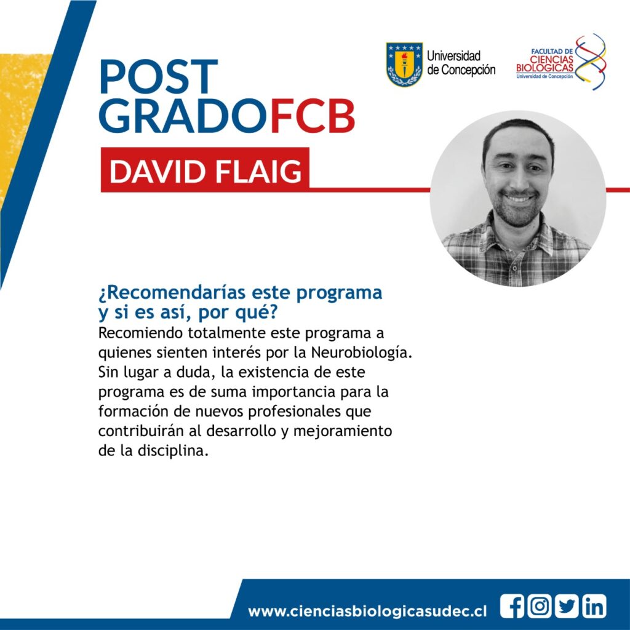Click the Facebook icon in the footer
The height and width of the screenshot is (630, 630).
coord(512,606)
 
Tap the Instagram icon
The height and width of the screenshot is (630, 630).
coord(539,606)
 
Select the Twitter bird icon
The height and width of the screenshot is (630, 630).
coord(567,606)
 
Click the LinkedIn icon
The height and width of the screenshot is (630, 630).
coord(594,606)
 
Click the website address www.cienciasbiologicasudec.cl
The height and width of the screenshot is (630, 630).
coord(367,611)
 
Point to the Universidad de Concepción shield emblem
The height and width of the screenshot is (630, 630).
coord(404,64)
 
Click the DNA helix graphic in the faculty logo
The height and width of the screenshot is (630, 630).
coord(590,62)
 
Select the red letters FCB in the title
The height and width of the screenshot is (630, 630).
coord(313,116)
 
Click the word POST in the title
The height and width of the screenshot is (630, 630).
coord(159,76)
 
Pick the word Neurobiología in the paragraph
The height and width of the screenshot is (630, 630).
coord(362,353)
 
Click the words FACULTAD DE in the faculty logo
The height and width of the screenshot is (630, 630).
coord(552,52)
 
